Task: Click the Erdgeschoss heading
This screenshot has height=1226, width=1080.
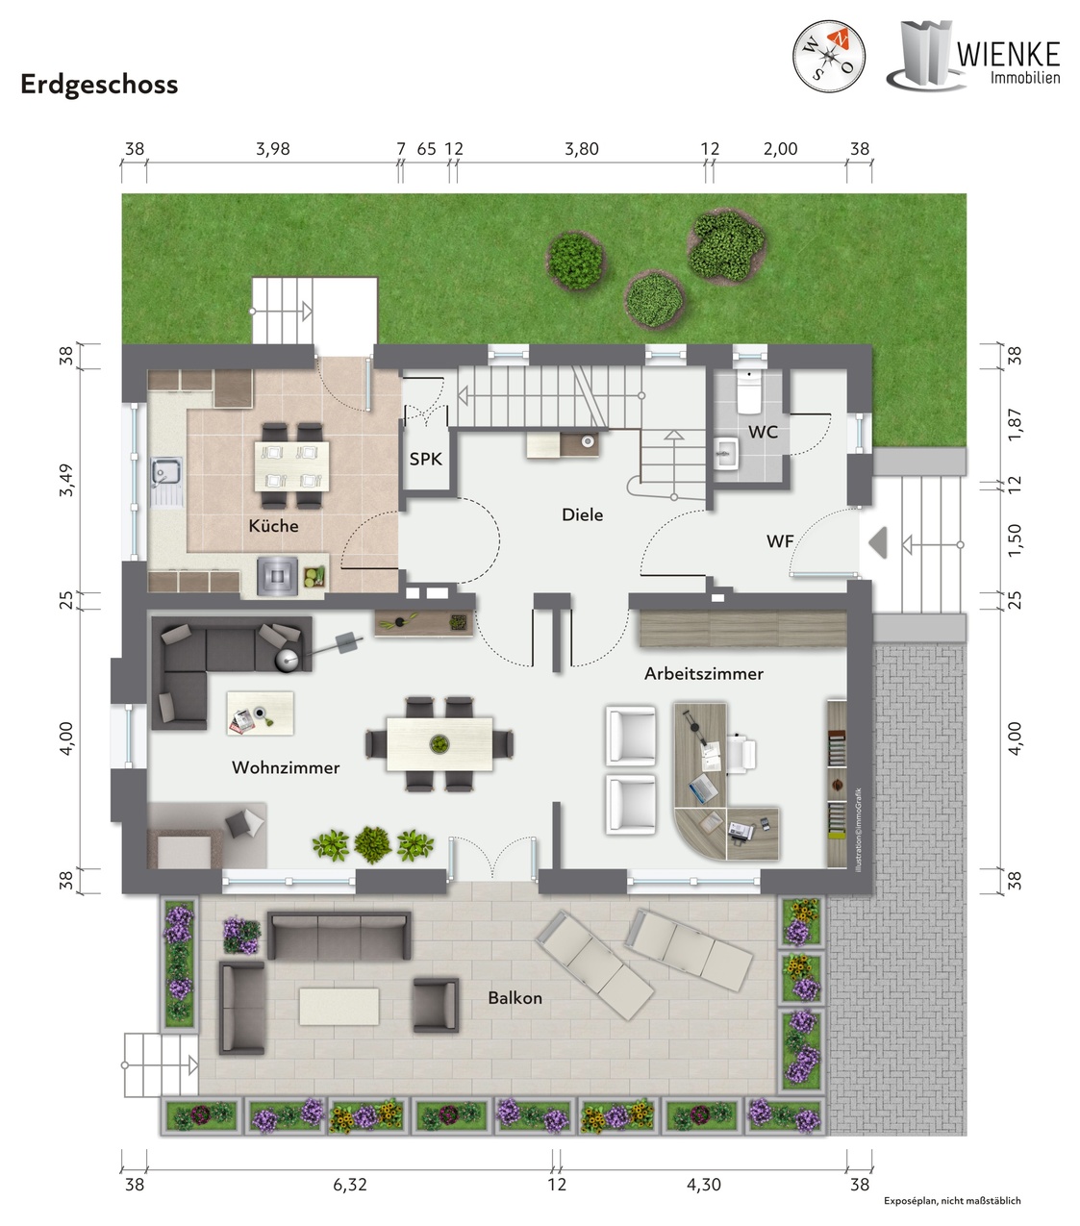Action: [x=99, y=85]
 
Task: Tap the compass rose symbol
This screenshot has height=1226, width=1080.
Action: [x=829, y=56]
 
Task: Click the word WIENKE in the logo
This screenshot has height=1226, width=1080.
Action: [x=1008, y=55]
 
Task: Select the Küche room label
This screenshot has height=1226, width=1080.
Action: [x=274, y=525]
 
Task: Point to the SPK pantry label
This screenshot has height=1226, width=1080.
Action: [x=426, y=460]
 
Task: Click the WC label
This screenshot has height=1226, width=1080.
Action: [x=763, y=432]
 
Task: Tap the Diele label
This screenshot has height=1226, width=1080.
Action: [x=583, y=515]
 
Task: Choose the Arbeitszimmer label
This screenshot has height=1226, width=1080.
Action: [x=703, y=673]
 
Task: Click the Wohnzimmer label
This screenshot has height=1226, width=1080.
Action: [x=286, y=768]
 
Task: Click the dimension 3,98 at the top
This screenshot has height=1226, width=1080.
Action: [x=273, y=149]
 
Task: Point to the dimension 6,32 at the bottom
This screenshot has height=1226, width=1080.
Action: [x=350, y=1185]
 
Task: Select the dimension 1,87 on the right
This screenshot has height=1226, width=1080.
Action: [x=1015, y=424]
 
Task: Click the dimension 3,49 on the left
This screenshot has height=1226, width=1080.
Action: [x=65, y=481]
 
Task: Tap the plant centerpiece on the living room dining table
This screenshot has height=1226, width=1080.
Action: [x=439, y=743]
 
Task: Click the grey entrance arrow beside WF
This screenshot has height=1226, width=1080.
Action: [x=878, y=542]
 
